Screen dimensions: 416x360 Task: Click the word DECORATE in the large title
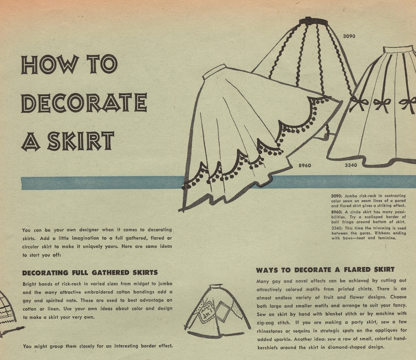[x=84, y=103]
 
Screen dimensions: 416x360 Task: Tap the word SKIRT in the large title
[x=81, y=141]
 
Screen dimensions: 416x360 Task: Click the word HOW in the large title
[x=50, y=64]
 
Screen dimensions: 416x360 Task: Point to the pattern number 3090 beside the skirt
[x=349, y=36]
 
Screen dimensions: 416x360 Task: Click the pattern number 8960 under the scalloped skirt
[x=305, y=166]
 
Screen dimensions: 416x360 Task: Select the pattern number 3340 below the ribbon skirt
[x=351, y=165]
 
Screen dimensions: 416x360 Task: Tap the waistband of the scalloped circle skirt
[x=214, y=71]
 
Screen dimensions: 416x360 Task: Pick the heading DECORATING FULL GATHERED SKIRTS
[x=90, y=273]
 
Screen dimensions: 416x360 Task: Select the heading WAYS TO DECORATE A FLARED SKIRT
[x=325, y=270]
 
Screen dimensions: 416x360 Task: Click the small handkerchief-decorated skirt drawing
[x=217, y=311]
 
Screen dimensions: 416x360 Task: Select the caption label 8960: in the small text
[x=337, y=212]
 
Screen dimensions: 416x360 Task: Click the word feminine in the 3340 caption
[x=386, y=238]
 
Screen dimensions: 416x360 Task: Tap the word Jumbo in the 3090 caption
[x=351, y=196]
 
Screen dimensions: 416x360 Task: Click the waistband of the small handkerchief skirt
[x=216, y=286]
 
